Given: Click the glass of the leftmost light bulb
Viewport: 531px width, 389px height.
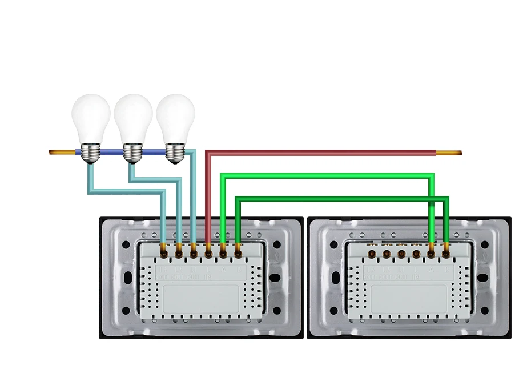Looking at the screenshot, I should click(90, 117).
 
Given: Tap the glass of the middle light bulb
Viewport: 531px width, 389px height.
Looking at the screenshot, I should click(132, 117).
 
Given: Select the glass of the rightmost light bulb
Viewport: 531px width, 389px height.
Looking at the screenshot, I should click(175, 117).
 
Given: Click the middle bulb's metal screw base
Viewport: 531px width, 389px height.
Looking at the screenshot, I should click(132, 153).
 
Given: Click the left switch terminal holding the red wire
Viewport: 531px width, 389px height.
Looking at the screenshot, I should click(208, 249).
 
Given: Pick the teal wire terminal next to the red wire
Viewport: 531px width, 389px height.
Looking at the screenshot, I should click(194, 249).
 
